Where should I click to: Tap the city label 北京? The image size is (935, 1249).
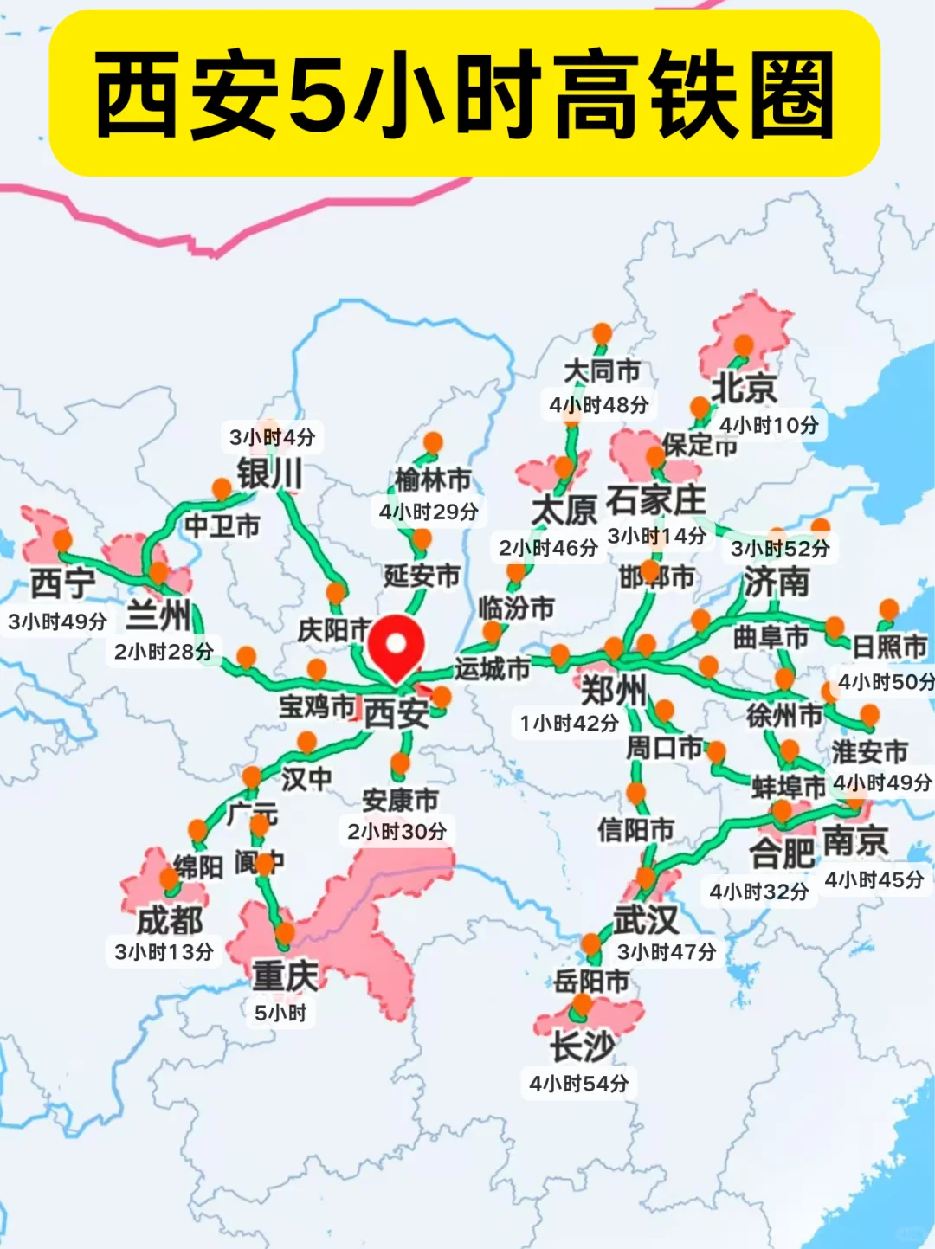click(x=744, y=389)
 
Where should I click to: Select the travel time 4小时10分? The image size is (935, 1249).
click(x=768, y=425)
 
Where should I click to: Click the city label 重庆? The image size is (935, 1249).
click(x=285, y=975)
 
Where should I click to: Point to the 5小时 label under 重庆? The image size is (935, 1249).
click(x=280, y=1013)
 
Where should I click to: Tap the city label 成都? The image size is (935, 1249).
click(x=170, y=920)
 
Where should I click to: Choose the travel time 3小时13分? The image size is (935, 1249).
click(x=164, y=952)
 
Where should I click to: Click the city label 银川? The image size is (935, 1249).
click(x=270, y=473)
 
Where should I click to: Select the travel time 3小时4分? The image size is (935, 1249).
click(x=272, y=437)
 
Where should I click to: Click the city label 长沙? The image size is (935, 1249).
click(x=583, y=1046)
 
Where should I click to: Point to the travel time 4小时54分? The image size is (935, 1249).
click(x=579, y=1084)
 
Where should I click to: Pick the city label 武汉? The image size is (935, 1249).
click(x=646, y=919)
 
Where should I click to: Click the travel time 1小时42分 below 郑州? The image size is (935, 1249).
click(x=569, y=723)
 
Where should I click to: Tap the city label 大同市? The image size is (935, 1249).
click(x=603, y=371)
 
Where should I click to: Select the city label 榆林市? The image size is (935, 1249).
click(x=433, y=479)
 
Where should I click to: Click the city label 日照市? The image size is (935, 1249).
click(x=889, y=647)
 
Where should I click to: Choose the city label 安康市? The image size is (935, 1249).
click(x=400, y=800)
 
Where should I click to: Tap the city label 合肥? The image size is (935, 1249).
click(x=782, y=853)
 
